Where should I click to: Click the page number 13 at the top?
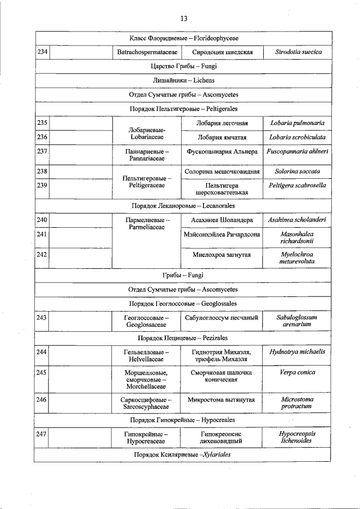(x=183, y=19)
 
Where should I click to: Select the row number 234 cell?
(x=42, y=52)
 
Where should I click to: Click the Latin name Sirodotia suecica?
(x=298, y=52)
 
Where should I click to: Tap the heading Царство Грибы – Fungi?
(x=183, y=66)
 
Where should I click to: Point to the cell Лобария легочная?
(x=222, y=123)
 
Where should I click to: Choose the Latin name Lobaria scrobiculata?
(x=297, y=137)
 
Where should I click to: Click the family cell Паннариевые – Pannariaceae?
(x=147, y=155)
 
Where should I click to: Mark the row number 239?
(x=42, y=185)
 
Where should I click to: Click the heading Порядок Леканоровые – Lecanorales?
(x=183, y=206)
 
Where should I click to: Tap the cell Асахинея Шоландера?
(x=222, y=220)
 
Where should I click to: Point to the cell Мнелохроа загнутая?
(x=222, y=255)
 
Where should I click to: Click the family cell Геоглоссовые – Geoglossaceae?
(x=147, y=321)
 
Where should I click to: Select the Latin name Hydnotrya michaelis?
(x=297, y=352)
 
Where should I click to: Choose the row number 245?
(x=42, y=372)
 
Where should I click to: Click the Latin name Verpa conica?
(x=297, y=372)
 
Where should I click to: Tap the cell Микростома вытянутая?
(x=222, y=400)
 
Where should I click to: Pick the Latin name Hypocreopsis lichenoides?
(x=297, y=438)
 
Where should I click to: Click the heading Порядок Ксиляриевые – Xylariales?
(x=183, y=454)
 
